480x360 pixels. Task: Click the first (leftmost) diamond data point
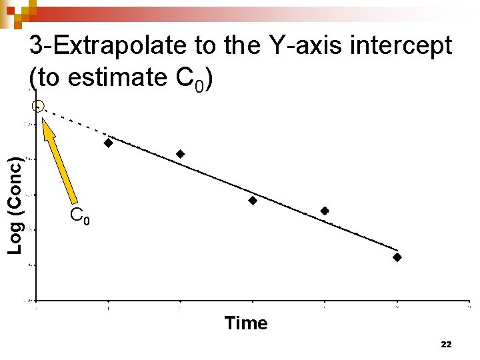click(x=108, y=143)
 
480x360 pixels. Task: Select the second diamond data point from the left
click(x=180, y=154)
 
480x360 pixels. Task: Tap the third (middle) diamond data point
click(x=253, y=201)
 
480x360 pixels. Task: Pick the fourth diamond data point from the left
click(x=325, y=211)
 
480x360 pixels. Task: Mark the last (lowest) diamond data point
click(x=397, y=257)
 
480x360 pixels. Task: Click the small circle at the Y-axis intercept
click(x=38, y=106)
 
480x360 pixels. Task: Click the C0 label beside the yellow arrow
click(x=79, y=216)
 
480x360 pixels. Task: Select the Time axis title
click(x=246, y=323)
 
